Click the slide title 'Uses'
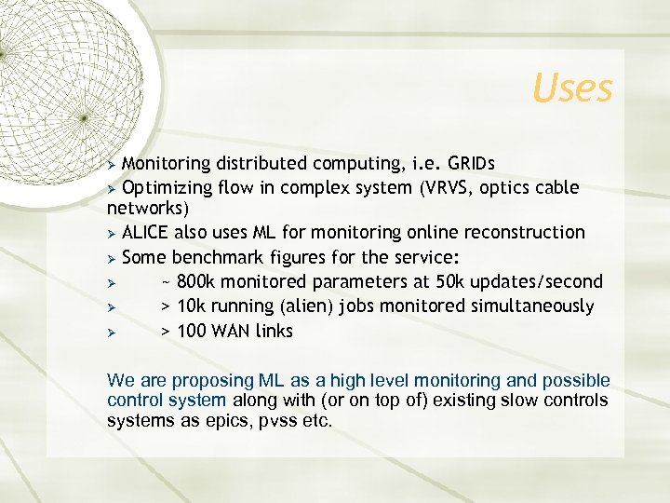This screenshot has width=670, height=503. click(x=572, y=88)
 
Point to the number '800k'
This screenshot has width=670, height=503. click(x=198, y=281)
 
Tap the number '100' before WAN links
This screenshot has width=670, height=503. click(x=192, y=331)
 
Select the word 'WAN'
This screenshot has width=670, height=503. click(x=233, y=331)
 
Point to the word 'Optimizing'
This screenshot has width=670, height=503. click(x=167, y=187)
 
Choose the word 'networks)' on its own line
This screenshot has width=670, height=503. click(x=147, y=208)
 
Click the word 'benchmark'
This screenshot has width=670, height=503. click(x=215, y=257)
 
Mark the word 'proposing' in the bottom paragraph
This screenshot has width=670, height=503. click(x=207, y=380)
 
